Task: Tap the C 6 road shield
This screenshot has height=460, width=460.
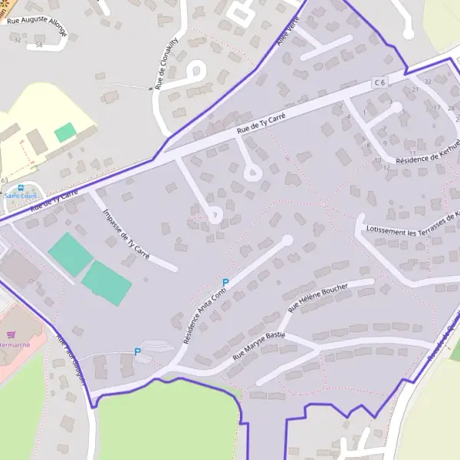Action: click(x=379, y=81)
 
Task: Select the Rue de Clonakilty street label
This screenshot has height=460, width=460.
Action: click(x=167, y=63)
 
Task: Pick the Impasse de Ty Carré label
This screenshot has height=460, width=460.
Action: click(x=126, y=232)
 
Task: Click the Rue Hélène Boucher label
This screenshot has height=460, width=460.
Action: click(x=317, y=297)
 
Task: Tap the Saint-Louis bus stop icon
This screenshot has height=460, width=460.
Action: click(x=20, y=187)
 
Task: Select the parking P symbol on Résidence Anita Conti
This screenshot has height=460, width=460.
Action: click(x=225, y=283)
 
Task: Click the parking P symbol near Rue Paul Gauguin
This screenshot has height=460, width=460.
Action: click(x=137, y=352)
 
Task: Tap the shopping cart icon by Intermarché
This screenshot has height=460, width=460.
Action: click(x=11, y=334)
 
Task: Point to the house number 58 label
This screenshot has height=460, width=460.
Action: click(x=38, y=45)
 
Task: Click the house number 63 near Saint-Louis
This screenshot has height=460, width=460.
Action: click(x=5, y=180)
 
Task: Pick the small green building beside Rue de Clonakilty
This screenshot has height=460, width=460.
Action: click(x=65, y=132)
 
